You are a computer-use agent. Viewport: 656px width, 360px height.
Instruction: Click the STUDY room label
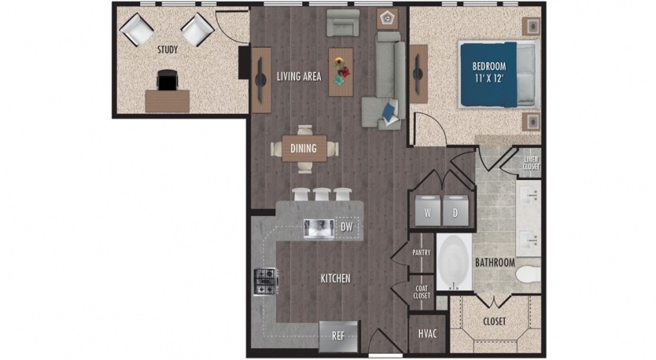point(168,50)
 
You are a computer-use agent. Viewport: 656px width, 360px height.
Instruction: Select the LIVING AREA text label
point(299,77)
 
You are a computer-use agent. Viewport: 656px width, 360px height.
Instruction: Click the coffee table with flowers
point(341,71)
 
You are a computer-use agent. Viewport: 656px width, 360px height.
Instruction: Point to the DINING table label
point(303,148)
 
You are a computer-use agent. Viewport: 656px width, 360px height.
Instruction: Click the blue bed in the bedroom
point(490,74)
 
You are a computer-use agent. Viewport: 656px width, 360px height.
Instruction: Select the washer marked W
point(427,213)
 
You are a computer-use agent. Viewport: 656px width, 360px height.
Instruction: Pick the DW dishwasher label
point(346,227)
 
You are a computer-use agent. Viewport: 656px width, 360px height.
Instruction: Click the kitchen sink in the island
point(318,228)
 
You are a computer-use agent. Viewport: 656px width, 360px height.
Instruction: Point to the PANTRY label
point(422,253)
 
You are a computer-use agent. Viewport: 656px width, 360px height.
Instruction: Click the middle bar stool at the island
point(322,194)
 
